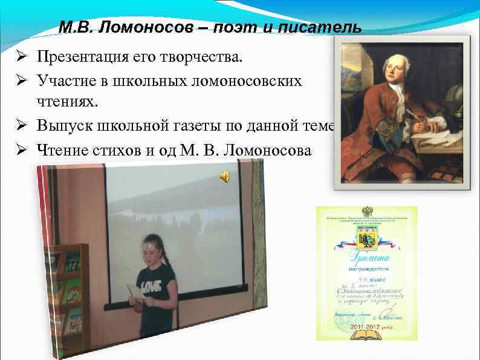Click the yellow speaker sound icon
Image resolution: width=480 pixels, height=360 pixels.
224,176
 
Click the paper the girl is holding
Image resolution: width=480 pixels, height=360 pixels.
133,289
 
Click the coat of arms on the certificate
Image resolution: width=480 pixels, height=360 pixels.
366,241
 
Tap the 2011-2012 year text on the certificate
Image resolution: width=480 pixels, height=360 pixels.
366,326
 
